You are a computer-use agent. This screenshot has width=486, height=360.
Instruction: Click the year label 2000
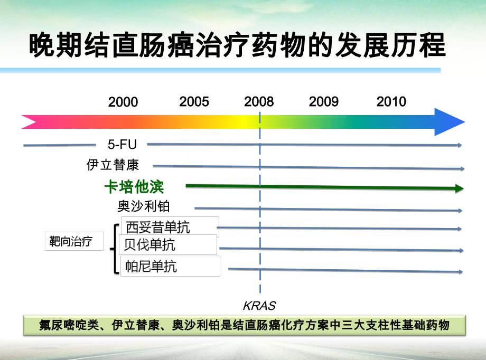coord(123,102)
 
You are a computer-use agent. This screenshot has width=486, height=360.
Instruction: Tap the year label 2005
coord(194,102)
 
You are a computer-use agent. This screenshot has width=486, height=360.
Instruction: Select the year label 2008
coord(259,102)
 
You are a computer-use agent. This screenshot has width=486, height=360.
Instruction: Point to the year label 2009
coord(323,102)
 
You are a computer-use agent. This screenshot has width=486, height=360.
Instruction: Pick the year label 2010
coord(391,102)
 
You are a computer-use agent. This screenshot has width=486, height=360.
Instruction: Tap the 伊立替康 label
coord(113,165)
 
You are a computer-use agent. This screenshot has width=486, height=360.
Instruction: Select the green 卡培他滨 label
coord(134,187)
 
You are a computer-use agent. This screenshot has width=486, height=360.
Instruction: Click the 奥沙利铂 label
coord(144,206)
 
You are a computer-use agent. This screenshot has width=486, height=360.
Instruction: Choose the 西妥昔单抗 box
coord(170,227)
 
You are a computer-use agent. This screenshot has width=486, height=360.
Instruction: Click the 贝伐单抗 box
coord(169,245)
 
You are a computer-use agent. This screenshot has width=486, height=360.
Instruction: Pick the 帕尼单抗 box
coord(170,266)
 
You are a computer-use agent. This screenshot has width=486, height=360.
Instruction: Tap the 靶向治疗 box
coord(74,242)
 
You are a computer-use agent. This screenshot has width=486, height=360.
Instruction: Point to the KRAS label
coord(259,306)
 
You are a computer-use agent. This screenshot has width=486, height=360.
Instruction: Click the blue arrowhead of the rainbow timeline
coord(450,122)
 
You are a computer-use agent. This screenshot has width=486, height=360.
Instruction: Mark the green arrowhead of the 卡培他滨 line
coord(459,189)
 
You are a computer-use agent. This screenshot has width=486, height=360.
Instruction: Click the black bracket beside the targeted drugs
coord(116,249)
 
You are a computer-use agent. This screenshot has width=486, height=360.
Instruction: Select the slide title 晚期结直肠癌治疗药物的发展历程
coord(237,46)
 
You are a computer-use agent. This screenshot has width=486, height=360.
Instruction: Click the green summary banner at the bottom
coord(245,325)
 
